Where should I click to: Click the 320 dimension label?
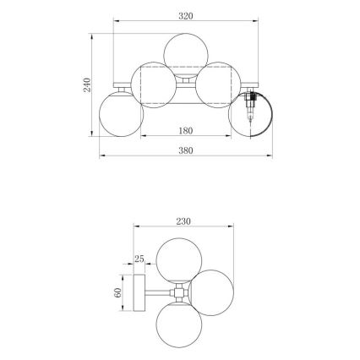187,15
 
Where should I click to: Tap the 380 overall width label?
187,150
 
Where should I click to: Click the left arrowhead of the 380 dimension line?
101,157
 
